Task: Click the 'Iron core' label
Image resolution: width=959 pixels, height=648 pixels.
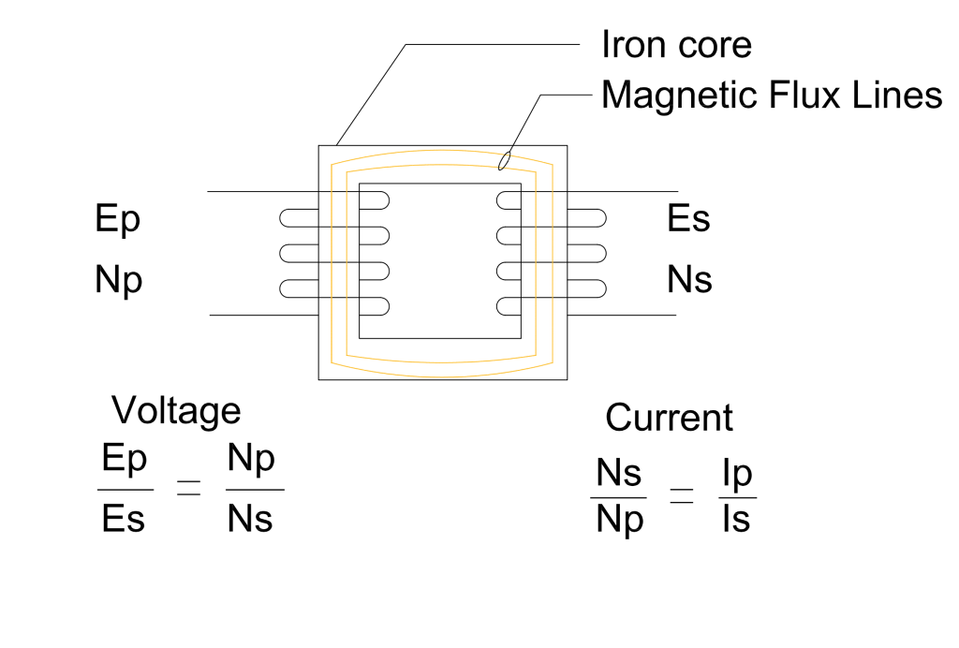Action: pyautogui.click(x=675, y=44)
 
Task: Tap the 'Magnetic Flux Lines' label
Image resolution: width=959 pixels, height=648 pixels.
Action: pyautogui.click(x=771, y=95)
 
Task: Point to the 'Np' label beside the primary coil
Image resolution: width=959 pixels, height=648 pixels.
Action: pyautogui.click(x=119, y=281)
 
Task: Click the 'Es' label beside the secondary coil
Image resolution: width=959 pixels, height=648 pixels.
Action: pyautogui.click(x=688, y=219)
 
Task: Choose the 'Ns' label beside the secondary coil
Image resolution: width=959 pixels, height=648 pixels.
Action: pyautogui.click(x=689, y=280)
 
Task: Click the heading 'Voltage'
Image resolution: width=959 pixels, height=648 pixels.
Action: pyautogui.click(x=176, y=410)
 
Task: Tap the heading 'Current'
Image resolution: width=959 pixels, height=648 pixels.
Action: pyautogui.click(x=669, y=418)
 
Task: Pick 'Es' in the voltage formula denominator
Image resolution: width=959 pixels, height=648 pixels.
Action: pyautogui.click(x=124, y=518)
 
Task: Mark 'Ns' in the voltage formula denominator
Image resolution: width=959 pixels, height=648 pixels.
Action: pyautogui.click(x=250, y=518)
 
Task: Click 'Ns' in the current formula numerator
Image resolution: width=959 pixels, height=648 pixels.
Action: pyautogui.click(x=618, y=476)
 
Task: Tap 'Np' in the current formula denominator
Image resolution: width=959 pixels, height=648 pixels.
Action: pyautogui.click(x=620, y=520)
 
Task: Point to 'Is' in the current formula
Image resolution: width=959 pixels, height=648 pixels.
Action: pyautogui.click(x=736, y=519)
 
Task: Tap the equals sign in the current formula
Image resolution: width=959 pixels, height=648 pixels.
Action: pyautogui.click(x=681, y=498)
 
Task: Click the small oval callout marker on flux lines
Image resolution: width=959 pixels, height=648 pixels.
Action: pyautogui.click(x=505, y=162)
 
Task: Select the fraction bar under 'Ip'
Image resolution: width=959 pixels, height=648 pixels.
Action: pyautogui.click(x=737, y=497)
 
